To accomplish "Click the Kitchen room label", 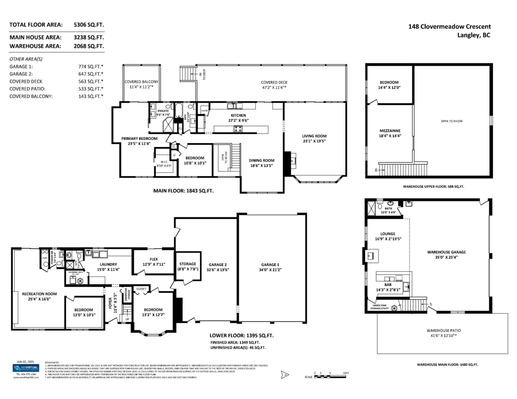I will coord(238,115).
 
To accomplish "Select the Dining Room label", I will coord(262,160).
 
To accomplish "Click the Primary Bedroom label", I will coord(139,139).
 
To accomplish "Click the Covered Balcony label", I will coord(141,82).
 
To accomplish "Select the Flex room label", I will coord(154,260).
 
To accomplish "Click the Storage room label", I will coord(187,264).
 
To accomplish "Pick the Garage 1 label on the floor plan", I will coord(270,265).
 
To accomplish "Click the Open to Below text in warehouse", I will coord(452,121).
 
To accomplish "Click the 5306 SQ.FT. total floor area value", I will coord(89,25).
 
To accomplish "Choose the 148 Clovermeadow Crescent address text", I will coord(449,27).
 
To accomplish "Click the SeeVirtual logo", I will coord(25,368).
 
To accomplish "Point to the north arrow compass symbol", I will coord(284,375).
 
